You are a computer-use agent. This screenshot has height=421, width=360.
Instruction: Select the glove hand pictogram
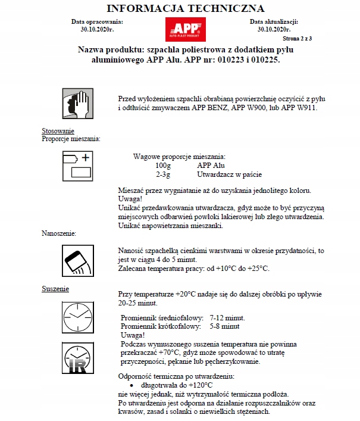pyautogui.click(x=77, y=104)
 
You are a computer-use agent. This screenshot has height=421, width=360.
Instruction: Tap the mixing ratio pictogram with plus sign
pyautogui.click(x=77, y=166)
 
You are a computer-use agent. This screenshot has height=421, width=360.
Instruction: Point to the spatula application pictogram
pyautogui.click(x=77, y=260)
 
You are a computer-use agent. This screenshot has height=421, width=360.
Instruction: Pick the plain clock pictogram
pyautogui.click(x=77, y=316)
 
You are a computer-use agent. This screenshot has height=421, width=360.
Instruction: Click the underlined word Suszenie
pyautogui.click(x=55, y=289)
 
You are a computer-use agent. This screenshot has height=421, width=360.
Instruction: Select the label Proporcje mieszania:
pyautogui.click(x=71, y=138)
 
